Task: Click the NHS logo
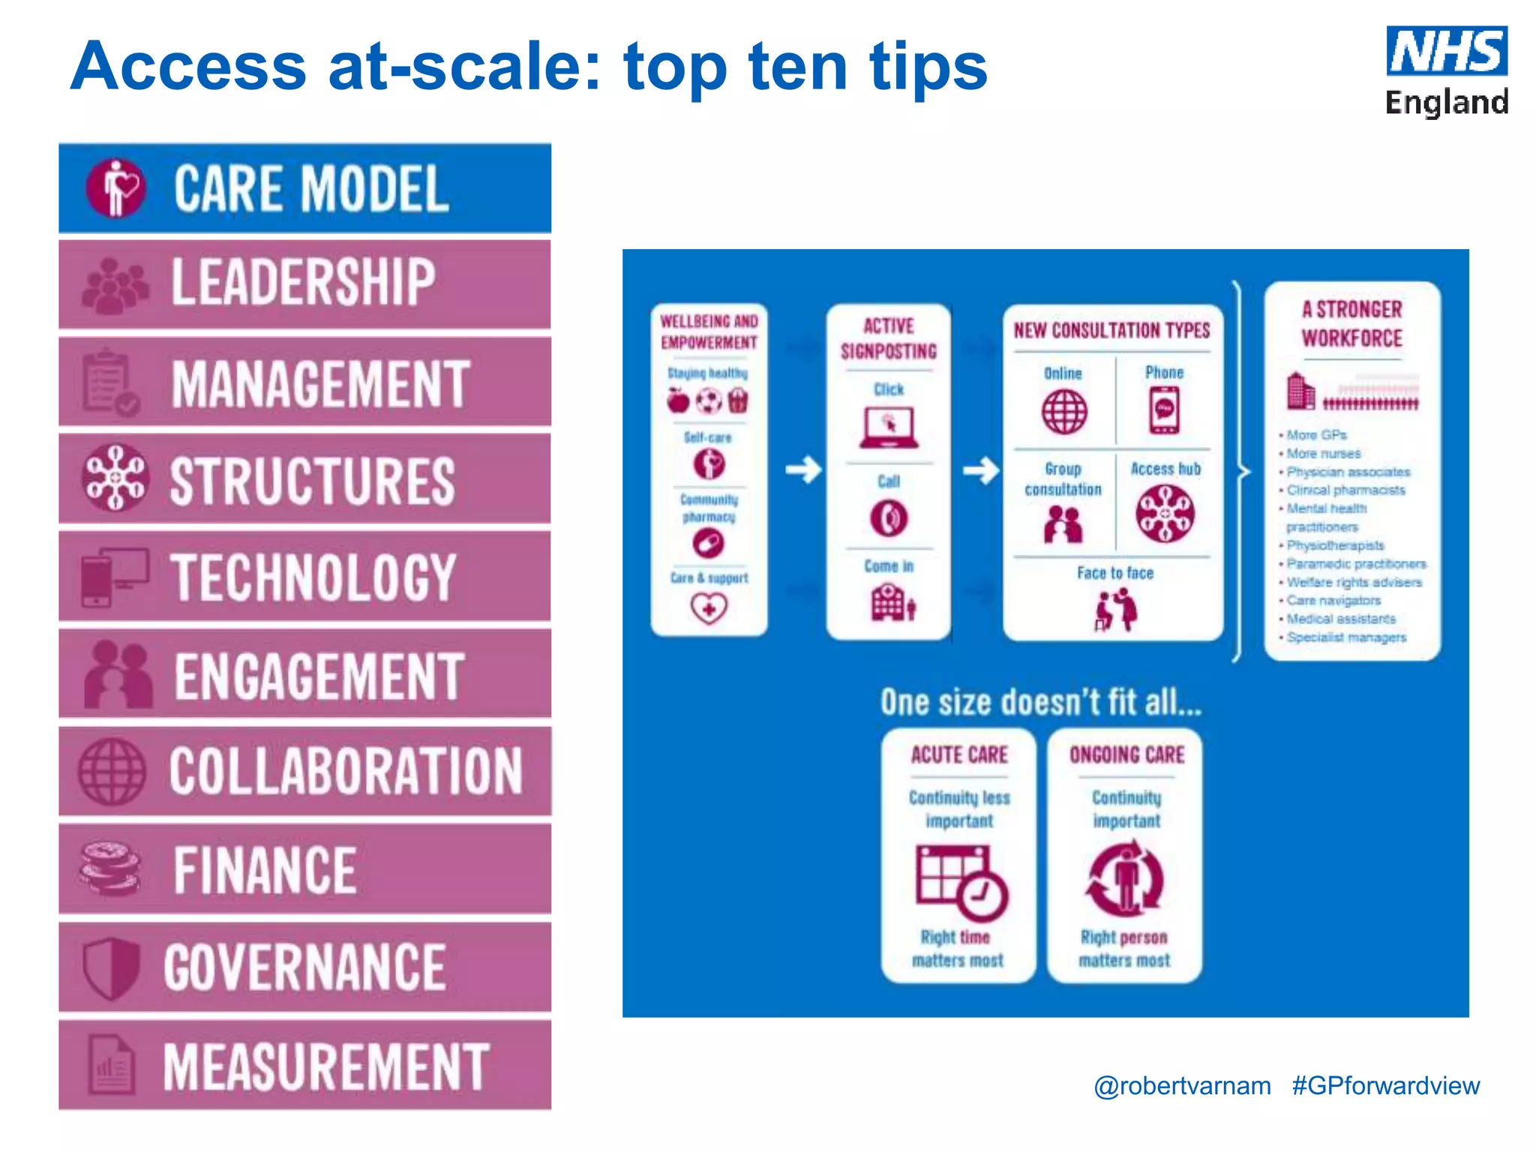click(1446, 52)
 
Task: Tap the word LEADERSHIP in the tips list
click(303, 282)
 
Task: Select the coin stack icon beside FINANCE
click(110, 868)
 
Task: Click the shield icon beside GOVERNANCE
click(111, 967)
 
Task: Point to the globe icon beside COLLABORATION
click(112, 772)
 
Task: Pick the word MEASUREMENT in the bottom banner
click(326, 1066)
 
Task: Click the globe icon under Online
click(1063, 412)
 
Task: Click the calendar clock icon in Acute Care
click(961, 882)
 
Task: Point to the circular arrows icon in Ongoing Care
click(1125, 878)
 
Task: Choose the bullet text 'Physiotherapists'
click(1335, 545)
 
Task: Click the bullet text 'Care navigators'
click(1333, 600)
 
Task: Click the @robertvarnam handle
click(1182, 1085)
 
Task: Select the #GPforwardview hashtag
click(1385, 1085)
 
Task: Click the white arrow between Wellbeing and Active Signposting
click(803, 470)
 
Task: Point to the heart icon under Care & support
click(709, 607)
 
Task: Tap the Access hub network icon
click(1165, 514)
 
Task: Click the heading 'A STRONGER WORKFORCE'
click(1351, 323)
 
